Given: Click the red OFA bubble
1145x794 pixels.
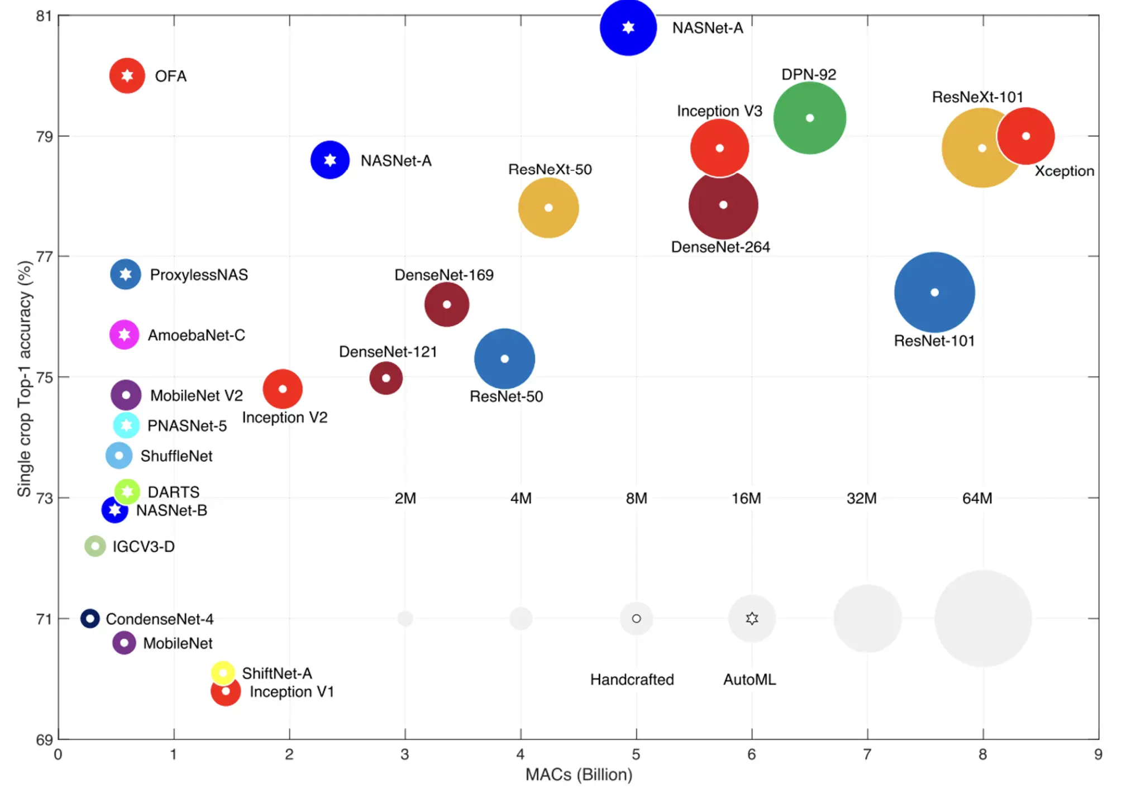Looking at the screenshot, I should pos(127,75).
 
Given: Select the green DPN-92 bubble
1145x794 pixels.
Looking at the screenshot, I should pos(809,118).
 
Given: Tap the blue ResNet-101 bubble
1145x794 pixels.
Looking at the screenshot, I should pos(934,292).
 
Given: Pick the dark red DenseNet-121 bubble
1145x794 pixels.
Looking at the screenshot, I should pos(386,378).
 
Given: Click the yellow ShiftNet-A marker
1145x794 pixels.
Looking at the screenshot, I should pos(223,672).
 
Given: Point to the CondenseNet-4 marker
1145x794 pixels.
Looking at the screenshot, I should pos(90,618).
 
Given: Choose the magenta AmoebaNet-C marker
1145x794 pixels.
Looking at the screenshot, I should pos(124,334).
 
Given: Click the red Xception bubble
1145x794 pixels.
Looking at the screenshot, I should pos(1026,136).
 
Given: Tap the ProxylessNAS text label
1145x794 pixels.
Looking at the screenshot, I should pos(199,275).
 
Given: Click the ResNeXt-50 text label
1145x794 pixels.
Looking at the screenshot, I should pos(550,169).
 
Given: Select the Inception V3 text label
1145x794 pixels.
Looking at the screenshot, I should pos(719,111).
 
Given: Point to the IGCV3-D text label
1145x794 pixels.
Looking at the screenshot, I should pos(144,546).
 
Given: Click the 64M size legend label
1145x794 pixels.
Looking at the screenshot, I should pos(977,498).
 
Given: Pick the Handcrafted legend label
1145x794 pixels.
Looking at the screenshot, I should pos(632,680).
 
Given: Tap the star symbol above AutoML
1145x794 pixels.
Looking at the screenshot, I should pos(752,618).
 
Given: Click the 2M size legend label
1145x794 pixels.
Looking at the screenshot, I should pos(405,498).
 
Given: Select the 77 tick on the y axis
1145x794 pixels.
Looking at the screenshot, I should pos(45,257).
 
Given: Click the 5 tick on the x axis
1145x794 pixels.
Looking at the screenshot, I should pos(636,754).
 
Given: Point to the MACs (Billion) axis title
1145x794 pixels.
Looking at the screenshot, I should pos(579,774).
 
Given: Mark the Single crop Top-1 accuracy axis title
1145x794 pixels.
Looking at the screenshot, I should pos(25,379).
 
